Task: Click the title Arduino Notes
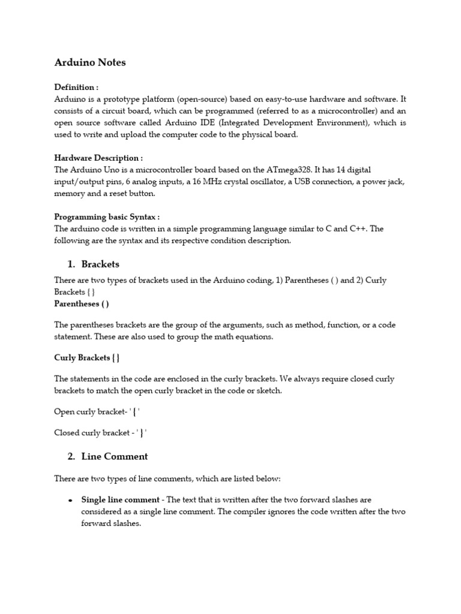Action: (x=90, y=62)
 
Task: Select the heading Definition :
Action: (x=76, y=87)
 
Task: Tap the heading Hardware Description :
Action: (x=98, y=158)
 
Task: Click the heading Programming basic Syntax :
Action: (x=107, y=216)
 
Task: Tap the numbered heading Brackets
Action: (x=100, y=264)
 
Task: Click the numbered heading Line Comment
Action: (x=114, y=456)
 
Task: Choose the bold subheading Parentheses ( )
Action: (x=82, y=304)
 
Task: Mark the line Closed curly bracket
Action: (x=100, y=432)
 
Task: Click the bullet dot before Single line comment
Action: (x=70, y=499)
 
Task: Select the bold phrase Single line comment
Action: (x=121, y=499)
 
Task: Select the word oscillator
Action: (x=258, y=182)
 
